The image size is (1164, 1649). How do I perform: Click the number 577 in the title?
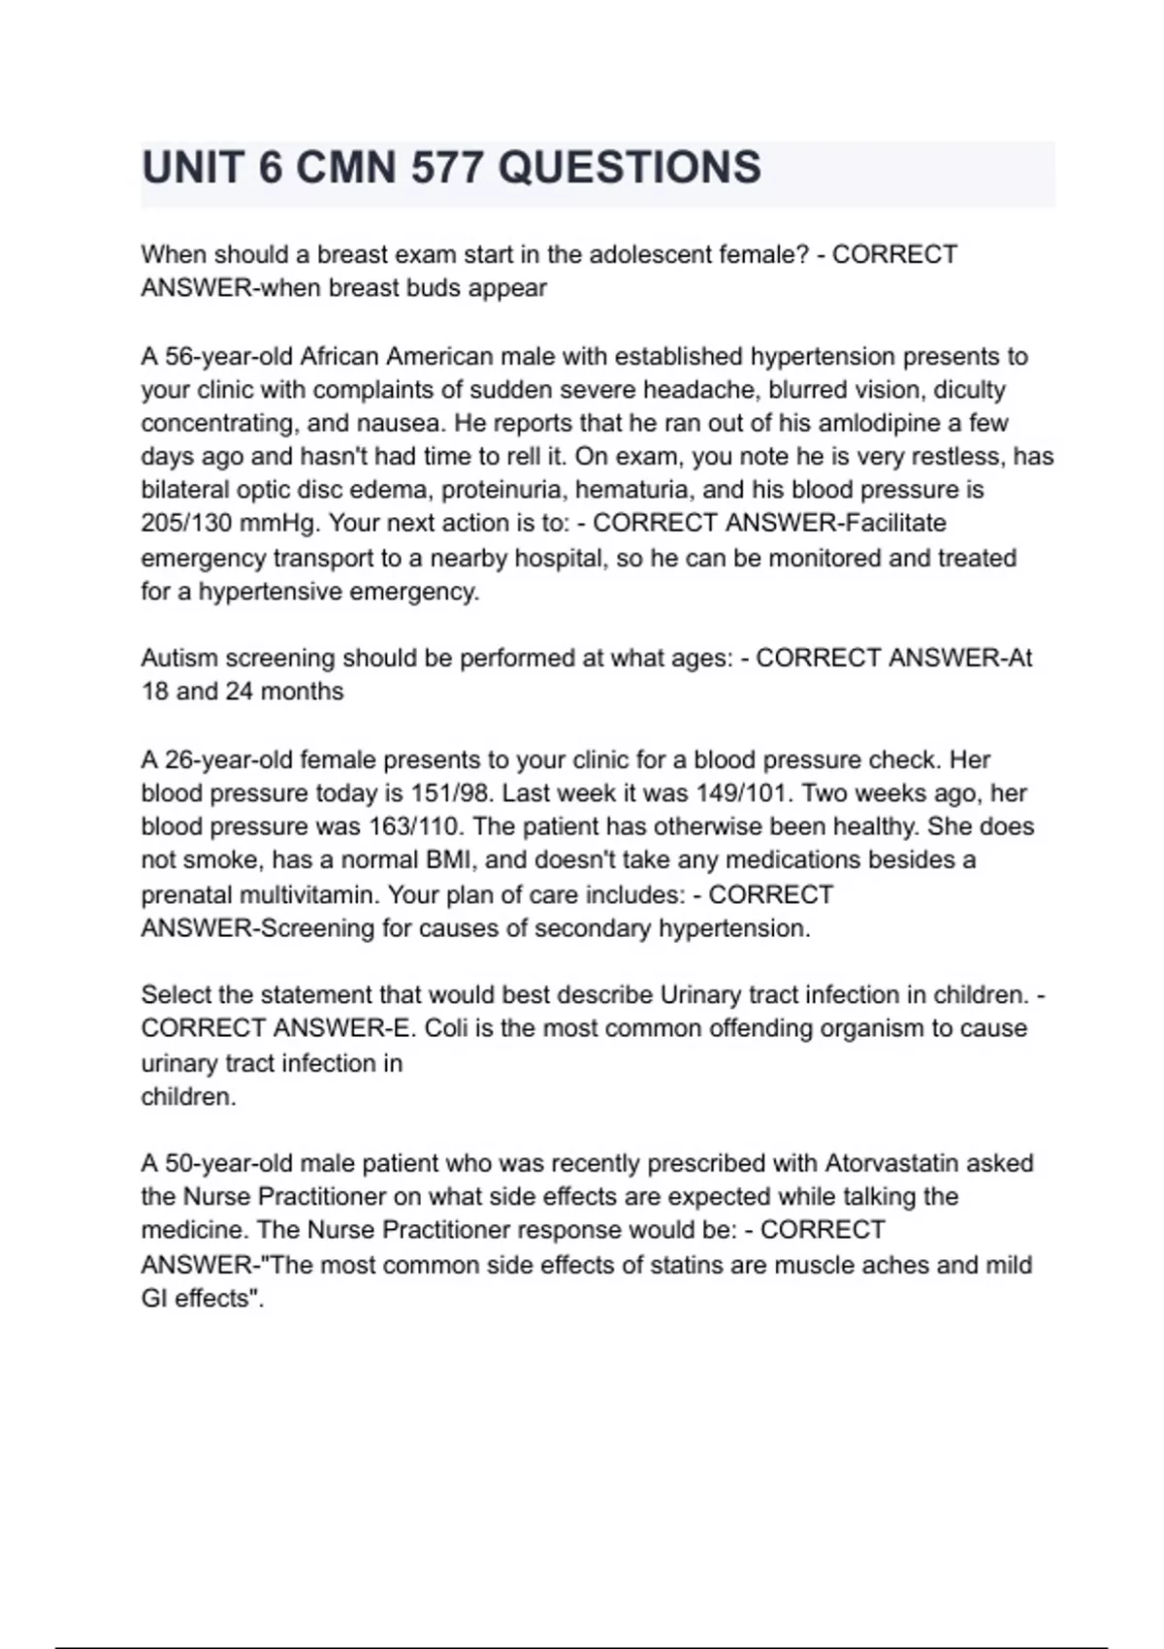click(446, 168)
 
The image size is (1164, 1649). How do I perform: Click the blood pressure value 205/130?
click(186, 524)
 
